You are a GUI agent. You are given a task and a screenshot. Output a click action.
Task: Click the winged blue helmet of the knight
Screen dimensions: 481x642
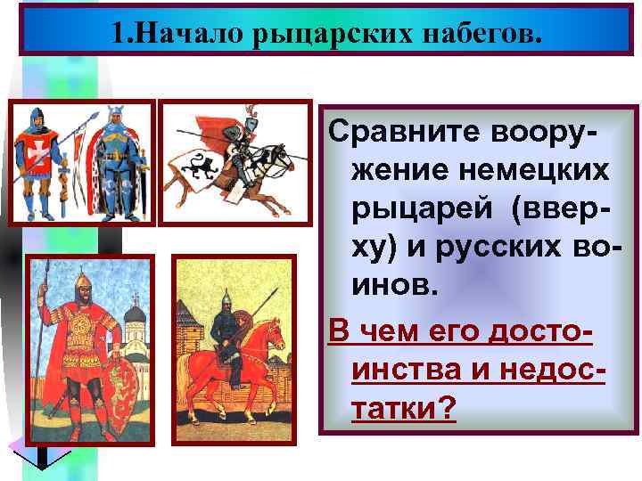point(114,115)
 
